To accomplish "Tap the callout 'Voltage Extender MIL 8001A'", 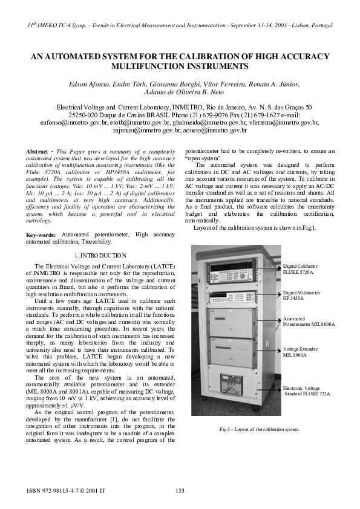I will click(299, 352).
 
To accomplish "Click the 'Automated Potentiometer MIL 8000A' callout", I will click(308, 321).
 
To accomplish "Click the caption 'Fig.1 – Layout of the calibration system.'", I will click(260, 429).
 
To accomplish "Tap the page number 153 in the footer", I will click(180, 491).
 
